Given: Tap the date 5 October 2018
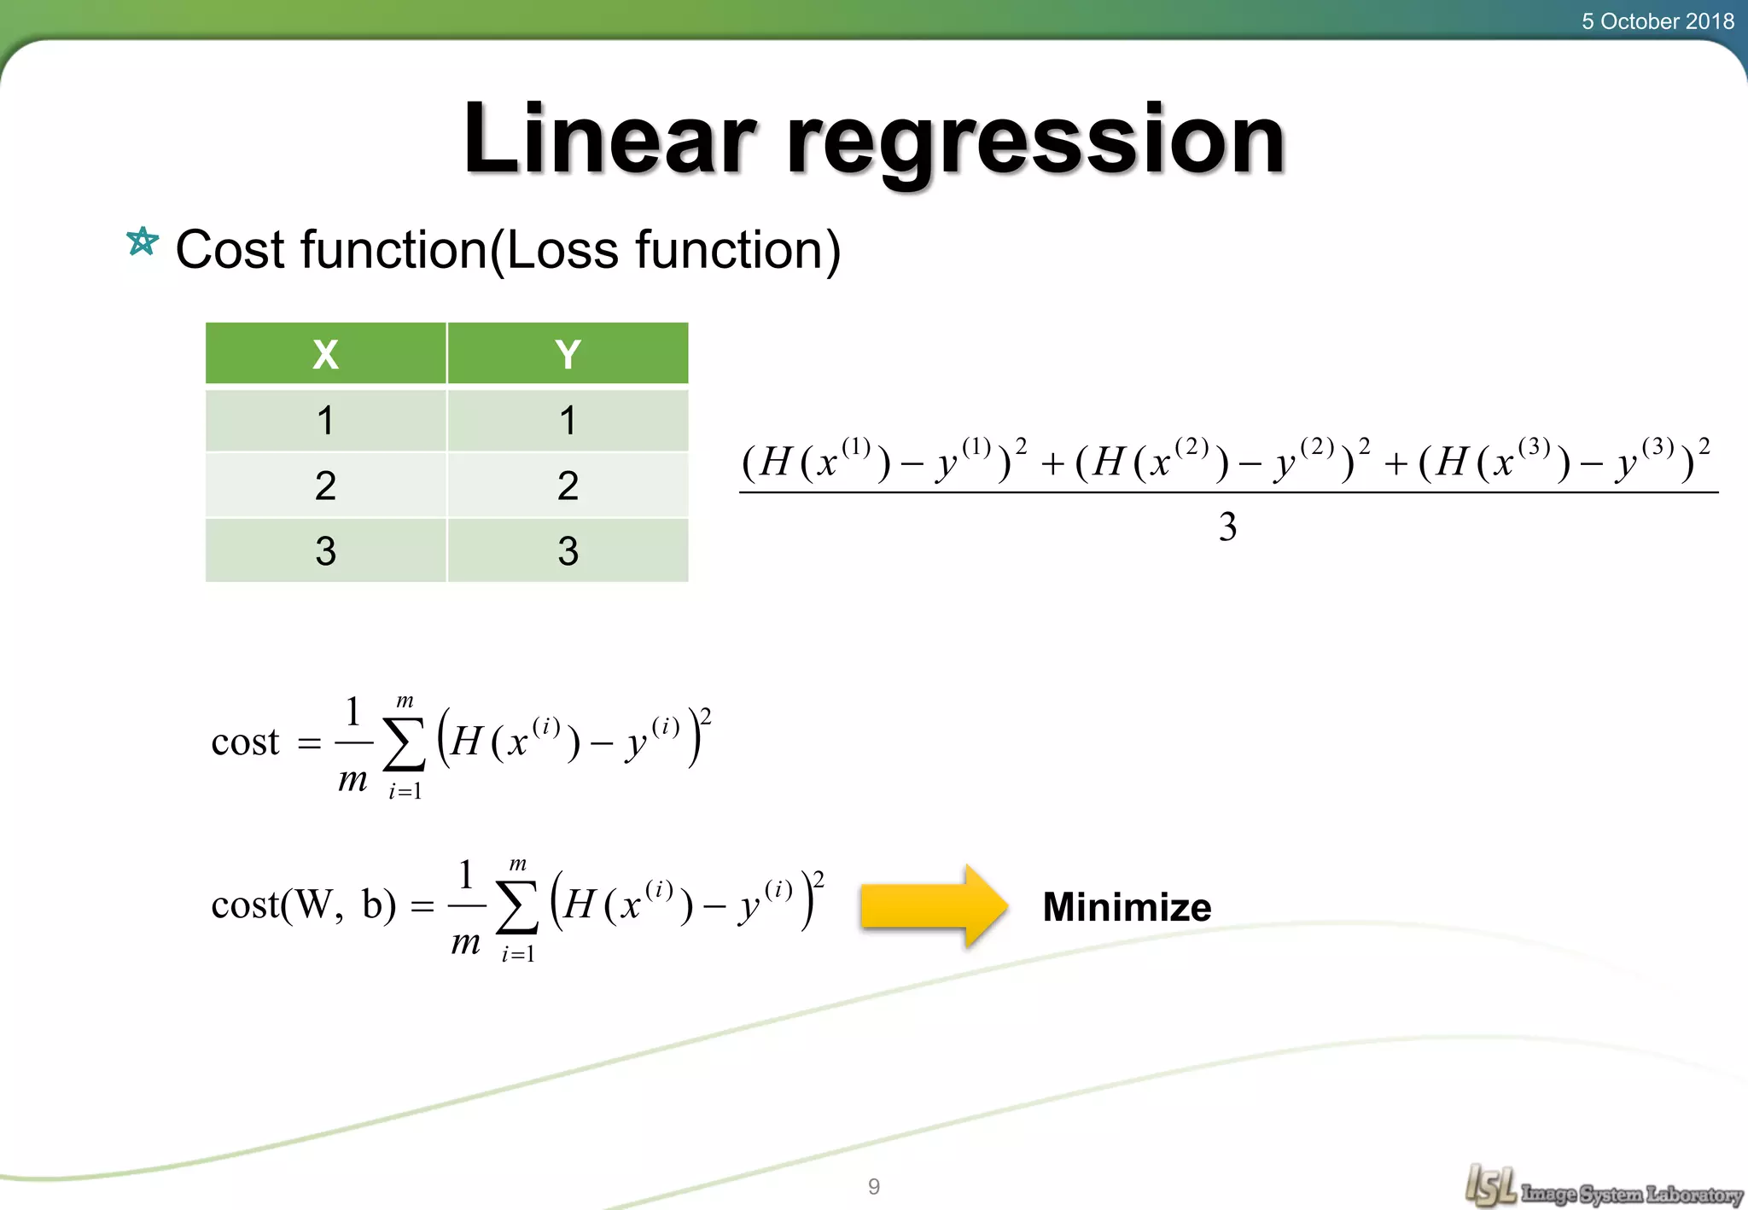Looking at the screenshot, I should [1657, 21].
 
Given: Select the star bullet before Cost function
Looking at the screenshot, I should [143, 242].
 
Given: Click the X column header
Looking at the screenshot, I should [325, 354].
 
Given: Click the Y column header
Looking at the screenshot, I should [568, 354].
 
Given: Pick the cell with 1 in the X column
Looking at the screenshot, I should [325, 421].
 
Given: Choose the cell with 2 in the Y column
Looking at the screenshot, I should [568, 486].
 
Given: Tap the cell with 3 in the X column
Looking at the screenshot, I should [325, 551].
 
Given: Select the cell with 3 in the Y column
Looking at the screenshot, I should [568, 551].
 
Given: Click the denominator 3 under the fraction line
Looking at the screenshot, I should [1227, 527].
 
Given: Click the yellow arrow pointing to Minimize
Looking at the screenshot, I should [935, 906].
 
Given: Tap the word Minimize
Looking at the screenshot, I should [1127, 907].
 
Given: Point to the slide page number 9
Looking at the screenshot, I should [874, 1186].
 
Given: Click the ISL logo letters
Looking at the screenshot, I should [1490, 1185].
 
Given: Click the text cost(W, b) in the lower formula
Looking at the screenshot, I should [304, 905].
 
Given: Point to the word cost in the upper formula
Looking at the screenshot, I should [245, 742].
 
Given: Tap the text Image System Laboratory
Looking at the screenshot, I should [1631, 1194].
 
